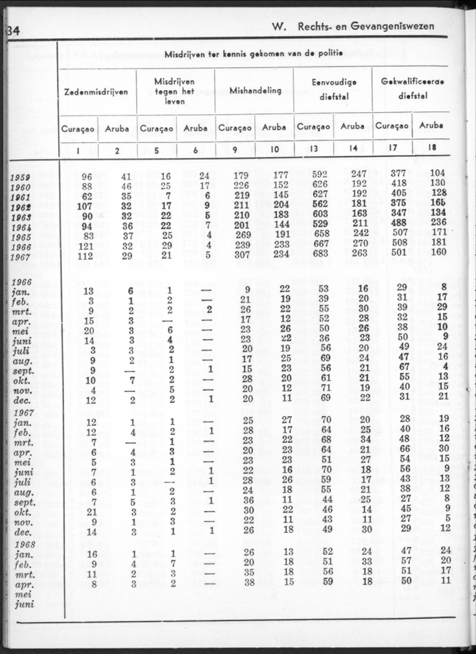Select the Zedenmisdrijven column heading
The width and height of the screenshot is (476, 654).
pos(97,91)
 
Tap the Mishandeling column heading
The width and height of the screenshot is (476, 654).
pos(255,91)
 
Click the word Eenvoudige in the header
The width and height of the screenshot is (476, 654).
pos(334,82)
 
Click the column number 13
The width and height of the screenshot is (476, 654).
pos(314,149)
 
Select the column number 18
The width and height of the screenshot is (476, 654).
pos(431,149)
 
